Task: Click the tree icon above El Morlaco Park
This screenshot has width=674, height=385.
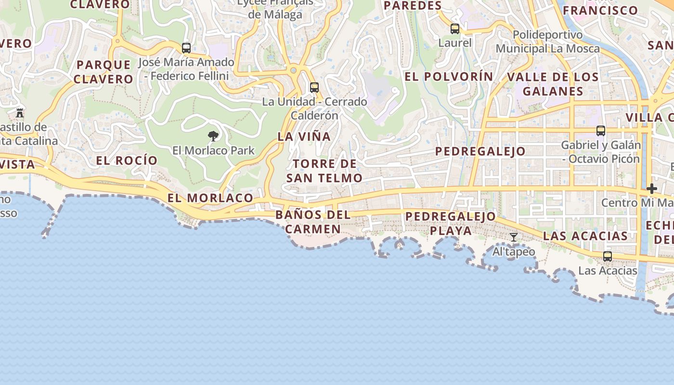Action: pyautogui.click(x=213, y=136)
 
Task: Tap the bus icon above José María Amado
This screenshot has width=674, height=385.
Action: pyautogui.click(x=186, y=48)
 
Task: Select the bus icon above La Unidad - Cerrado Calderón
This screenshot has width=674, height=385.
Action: pyautogui.click(x=314, y=88)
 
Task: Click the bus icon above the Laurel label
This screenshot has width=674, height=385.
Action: pyautogui.click(x=455, y=29)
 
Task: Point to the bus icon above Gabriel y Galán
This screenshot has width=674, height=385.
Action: pyautogui.click(x=601, y=131)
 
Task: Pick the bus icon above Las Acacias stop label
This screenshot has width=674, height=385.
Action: pyautogui.click(x=608, y=257)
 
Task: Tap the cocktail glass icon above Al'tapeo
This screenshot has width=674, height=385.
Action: pyautogui.click(x=514, y=237)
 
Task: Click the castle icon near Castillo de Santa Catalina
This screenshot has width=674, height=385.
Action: pyautogui.click(x=20, y=113)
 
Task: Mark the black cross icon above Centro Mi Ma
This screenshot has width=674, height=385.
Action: pyautogui.click(x=652, y=189)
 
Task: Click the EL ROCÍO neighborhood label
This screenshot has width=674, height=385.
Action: pyautogui.click(x=127, y=161)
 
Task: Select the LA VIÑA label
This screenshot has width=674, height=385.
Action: pyautogui.click(x=304, y=137)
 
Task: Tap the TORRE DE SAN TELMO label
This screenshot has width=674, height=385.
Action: pyautogui.click(x=324, y=171)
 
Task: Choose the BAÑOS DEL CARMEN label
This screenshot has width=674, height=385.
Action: pyautogui.click(x=313, y=221)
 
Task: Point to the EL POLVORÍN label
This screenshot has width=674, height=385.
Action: pyautogui.click(x=449, y=77)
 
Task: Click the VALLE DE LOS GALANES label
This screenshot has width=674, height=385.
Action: pyautogui.click(x=553, y=84)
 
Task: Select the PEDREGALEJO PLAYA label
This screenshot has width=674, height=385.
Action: pyautogui.click(x=451, y=223)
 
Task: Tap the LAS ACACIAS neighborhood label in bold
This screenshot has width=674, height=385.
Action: pyautogui.click(x=585, y=236)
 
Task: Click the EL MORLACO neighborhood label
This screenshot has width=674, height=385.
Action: pyautogui.click(x=210, y=198)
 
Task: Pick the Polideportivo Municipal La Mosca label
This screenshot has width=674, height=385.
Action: pyautogui.click(x=548, y=42)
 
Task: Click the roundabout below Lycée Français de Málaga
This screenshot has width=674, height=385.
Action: pyautogui.click(x=294, y=71)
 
